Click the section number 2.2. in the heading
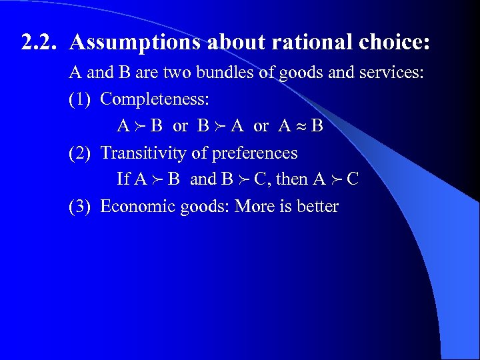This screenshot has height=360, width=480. pos(41,42)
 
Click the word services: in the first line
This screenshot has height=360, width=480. pos(393,73)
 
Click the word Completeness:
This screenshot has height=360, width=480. pos(155,99)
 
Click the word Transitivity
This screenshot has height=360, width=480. pos(143,153)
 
